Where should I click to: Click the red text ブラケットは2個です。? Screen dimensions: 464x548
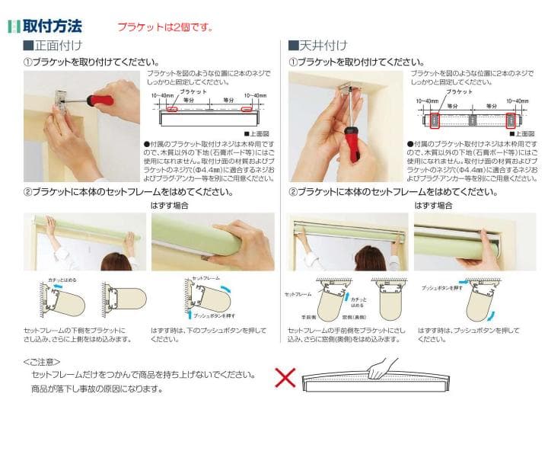[164, 27]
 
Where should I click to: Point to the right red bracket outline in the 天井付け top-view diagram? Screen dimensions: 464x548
[511, 120]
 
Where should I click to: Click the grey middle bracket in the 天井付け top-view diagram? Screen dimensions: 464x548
[473, 120]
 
